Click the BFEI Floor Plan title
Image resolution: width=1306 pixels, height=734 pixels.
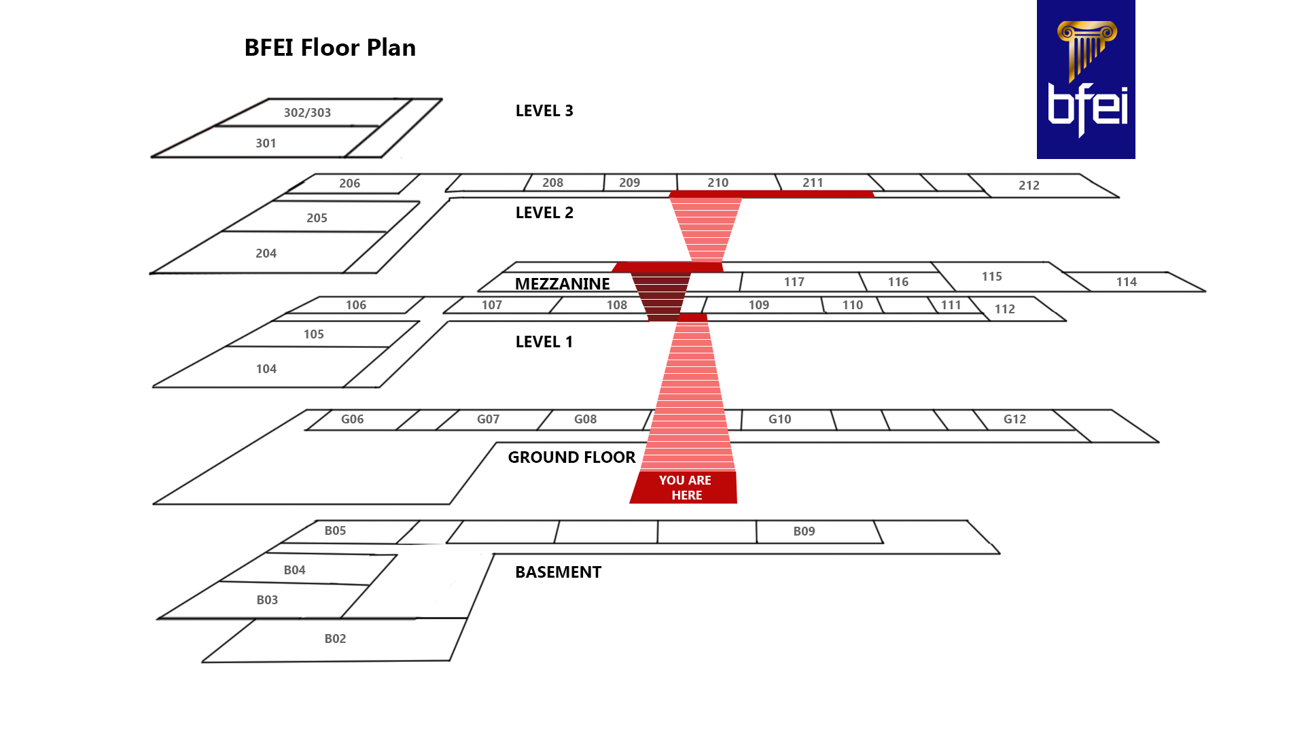click(x=330, y=48)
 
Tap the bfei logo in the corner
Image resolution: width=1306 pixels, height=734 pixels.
click(x=1085, y=80)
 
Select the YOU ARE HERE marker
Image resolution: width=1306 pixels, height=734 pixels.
click(x=685, y=487)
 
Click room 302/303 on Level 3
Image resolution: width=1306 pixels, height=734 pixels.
click(x=307, y=113)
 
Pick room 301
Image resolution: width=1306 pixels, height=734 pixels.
click(x=266, y=143)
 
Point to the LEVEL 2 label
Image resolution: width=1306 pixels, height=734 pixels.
click(x=544, y=213)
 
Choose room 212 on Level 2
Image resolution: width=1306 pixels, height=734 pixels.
click(x=1029, y=186)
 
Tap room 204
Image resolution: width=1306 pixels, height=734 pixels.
click(x=266, y=254)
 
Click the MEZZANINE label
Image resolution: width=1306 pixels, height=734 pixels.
click(x=562, y=284)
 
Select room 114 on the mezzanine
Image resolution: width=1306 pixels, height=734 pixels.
click(x=1126, y=282)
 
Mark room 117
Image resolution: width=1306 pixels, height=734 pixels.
click(x=794, y=282)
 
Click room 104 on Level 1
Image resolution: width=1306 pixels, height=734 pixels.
click(x=266, y=369)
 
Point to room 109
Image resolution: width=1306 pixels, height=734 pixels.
click(x=758, y=305)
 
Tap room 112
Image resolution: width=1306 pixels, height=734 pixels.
click(x=1004, y=309)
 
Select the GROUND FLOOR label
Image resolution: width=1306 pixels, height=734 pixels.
click(x=571, y=457)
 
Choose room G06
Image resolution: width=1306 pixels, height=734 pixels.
click(x=352, y=419)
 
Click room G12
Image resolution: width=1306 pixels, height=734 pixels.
click(x=1014, y=419)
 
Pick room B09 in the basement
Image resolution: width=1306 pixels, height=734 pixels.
click(x=804, y=531)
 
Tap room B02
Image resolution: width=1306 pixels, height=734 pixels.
click(x=335, y=639)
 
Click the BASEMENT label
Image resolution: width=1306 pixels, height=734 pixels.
click(x=558, y=572)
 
